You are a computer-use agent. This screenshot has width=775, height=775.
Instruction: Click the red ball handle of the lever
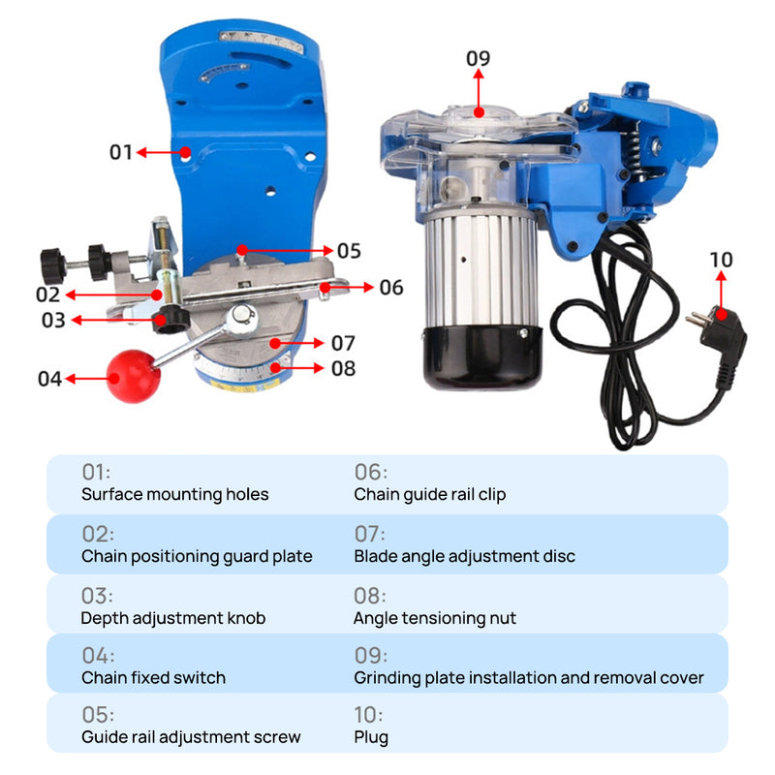133,376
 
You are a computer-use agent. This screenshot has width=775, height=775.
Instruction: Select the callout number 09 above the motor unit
478,58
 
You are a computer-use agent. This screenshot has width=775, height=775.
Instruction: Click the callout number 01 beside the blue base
120,152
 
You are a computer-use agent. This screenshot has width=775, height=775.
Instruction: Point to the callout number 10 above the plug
721,260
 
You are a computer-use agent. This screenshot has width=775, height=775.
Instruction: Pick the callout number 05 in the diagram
349,251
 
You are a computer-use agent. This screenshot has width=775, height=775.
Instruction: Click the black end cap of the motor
482,356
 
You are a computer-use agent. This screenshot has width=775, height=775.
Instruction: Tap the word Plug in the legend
371,737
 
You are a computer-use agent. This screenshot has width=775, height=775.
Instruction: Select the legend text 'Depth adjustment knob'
173,618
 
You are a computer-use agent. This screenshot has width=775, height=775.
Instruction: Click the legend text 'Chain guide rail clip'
430,494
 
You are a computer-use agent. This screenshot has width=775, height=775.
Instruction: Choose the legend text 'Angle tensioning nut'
435,618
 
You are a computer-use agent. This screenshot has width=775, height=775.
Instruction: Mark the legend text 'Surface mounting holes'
175,494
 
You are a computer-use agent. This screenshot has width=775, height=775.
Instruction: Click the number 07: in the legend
370,535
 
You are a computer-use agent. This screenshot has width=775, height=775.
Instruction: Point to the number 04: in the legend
98,656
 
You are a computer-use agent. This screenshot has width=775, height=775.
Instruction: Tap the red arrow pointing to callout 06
347,287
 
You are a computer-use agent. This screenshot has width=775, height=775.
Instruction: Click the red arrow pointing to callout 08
297,368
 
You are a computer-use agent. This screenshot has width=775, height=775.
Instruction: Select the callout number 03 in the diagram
53,321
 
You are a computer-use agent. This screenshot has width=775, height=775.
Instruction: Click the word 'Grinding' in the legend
387,678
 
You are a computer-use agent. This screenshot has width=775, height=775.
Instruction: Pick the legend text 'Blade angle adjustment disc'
465,556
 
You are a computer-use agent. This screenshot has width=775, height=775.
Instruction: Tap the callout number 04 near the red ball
49,379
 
